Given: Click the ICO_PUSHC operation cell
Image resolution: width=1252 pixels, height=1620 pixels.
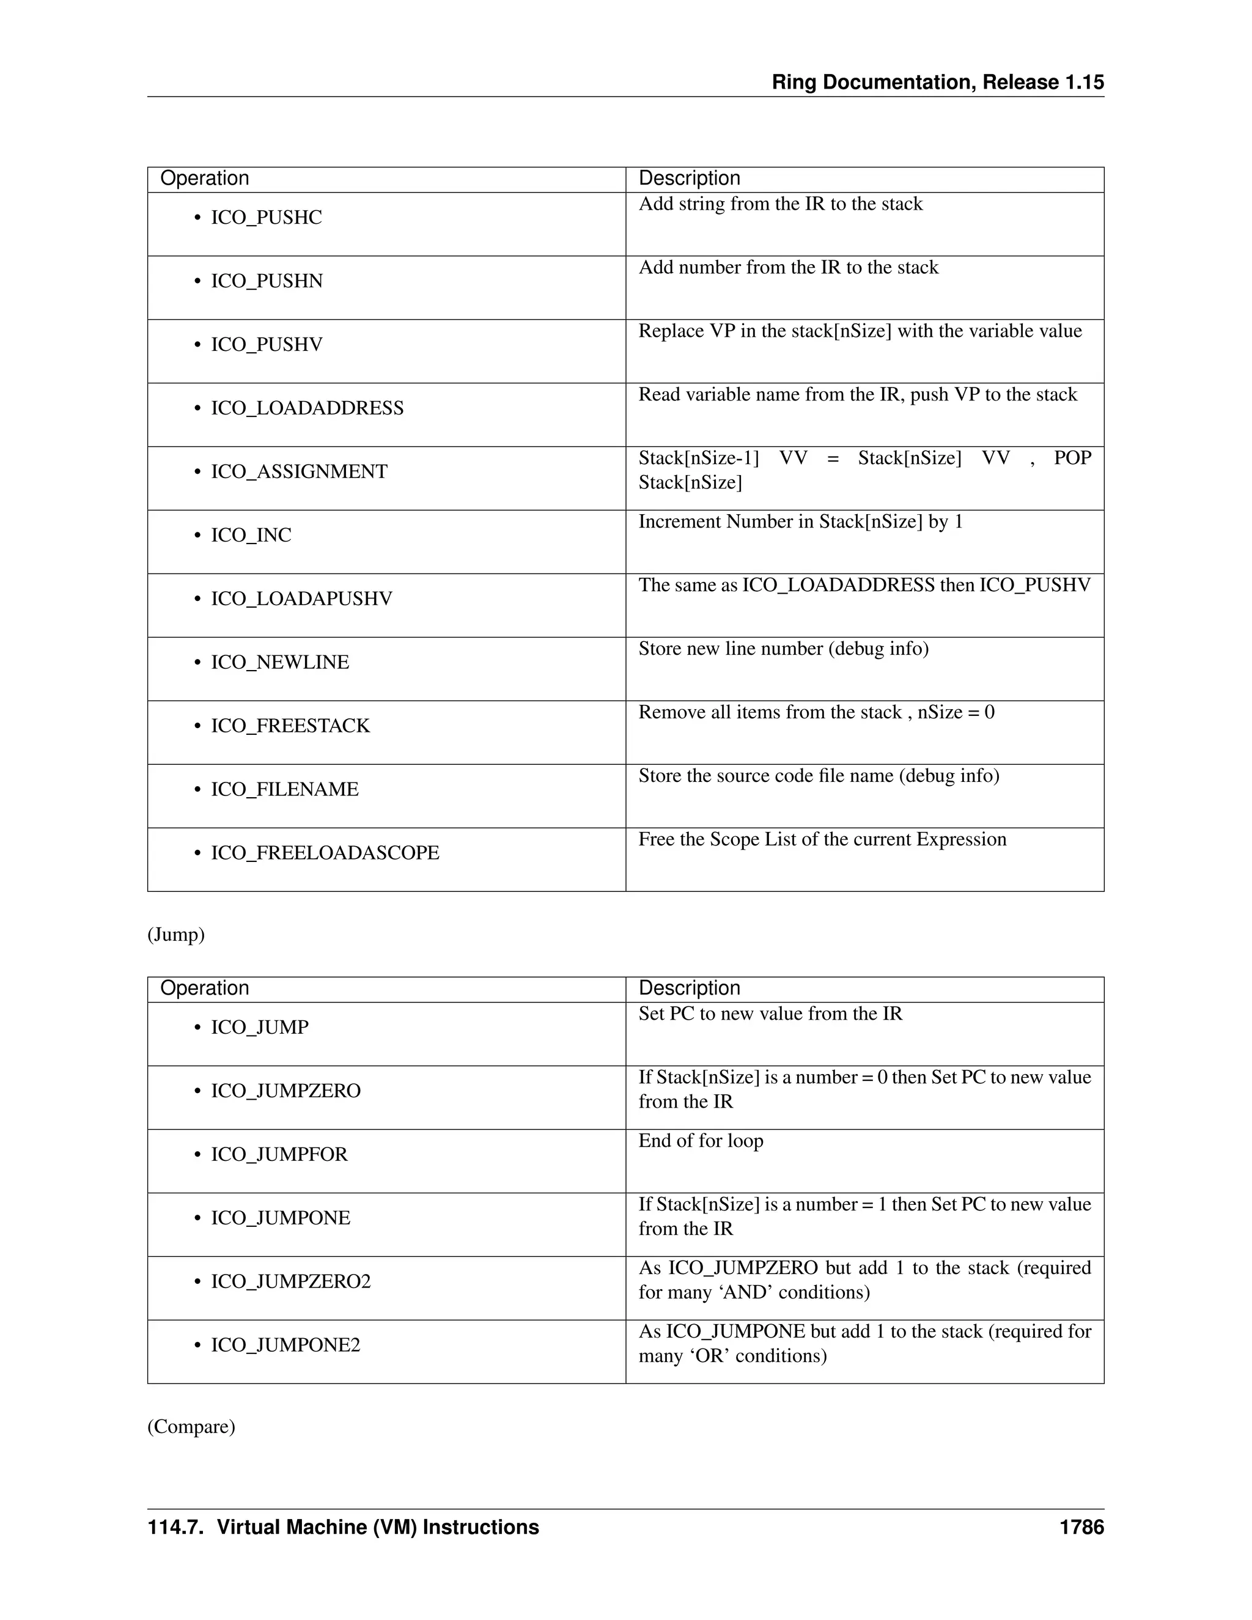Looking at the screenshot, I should pos(267,218).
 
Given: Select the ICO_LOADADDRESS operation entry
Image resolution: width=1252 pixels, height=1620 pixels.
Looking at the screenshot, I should pos(307,408).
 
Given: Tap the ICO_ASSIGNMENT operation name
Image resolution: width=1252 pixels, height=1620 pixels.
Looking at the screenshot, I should pos(299,472).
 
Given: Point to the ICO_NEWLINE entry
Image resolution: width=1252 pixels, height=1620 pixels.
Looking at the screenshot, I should pos(279,663).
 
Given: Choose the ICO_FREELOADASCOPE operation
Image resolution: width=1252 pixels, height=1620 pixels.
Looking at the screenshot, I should pos(325,853).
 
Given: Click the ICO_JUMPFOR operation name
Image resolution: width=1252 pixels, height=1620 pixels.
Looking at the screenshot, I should pos(279,1154).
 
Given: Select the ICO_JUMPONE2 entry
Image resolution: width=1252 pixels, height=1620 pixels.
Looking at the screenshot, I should pos(285,1345).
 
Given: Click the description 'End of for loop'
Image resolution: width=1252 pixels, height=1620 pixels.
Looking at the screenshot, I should pos(701,1141).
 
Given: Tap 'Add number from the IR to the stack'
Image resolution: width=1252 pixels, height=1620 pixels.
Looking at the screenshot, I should pos(789,268).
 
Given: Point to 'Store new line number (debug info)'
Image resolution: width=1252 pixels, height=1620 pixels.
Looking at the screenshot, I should pos(783,649).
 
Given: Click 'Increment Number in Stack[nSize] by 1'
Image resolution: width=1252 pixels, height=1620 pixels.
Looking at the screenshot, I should pos(800,522).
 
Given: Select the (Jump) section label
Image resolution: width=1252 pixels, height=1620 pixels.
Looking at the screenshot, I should pos(176,935).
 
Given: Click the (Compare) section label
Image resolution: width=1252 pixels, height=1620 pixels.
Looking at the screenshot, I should pos(191,1426).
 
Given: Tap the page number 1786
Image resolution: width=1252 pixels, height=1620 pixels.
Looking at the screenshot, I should pos(1081,1527).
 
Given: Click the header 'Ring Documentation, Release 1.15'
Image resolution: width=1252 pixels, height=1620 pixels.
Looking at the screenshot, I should pos(938,83).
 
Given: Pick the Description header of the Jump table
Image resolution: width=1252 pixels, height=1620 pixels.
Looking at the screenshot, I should pos(689,988).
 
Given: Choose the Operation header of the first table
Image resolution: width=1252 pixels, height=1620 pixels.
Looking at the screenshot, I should pos(205,179).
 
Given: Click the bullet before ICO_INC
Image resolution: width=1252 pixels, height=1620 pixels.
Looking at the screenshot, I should pos(197,536).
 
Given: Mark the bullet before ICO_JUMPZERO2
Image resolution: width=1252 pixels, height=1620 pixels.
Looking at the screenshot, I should pos(197,1282).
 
